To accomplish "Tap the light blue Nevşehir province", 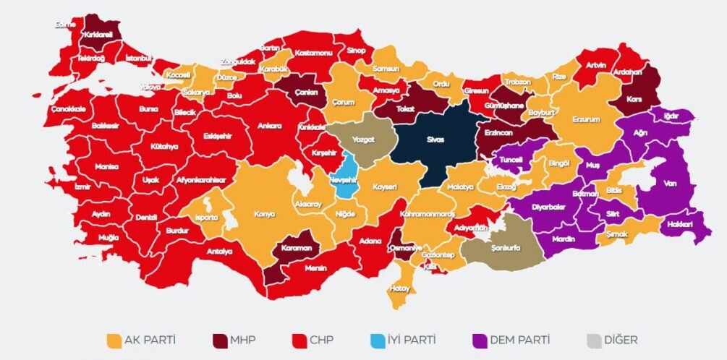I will click(x=347, y=177).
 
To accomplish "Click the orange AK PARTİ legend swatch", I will click(x=113, y=340).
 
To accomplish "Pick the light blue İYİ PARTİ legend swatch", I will click(x=378, y=340).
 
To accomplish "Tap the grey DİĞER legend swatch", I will click(x=593, y=340).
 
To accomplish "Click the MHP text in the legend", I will click(x=244, y=340).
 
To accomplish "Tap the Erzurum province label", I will click(x=586, y=119).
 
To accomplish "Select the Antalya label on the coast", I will click(x=221, y=252).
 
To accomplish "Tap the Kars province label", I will click(x=635, y=98).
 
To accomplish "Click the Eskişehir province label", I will click(x=217, y=135).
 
